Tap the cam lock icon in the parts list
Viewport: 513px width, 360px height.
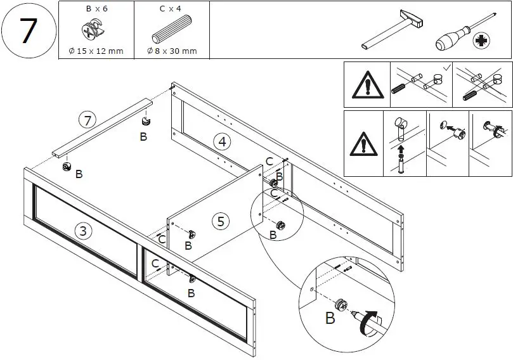click(x=95, y=31)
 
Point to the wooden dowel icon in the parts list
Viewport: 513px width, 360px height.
click(x=171, y=32)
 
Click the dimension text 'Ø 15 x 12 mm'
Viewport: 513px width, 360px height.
click(x=96, y=51)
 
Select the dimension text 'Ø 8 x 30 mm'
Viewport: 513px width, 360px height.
click(x=171, y=51)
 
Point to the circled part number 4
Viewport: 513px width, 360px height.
click(x=220, y=142)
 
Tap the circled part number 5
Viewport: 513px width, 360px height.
click(x=220, y=221)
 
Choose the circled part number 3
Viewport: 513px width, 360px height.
click(x=81, y=230)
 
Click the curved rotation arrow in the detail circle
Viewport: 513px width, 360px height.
click(x=369, y=324)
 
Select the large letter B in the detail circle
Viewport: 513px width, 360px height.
click(x=330, y=318)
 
